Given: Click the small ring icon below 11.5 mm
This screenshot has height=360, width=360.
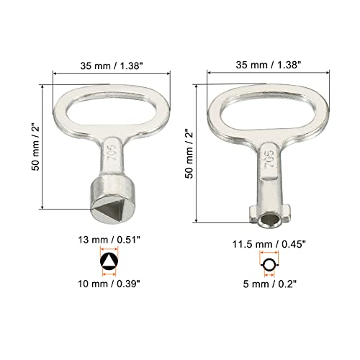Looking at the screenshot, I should [269, 266].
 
